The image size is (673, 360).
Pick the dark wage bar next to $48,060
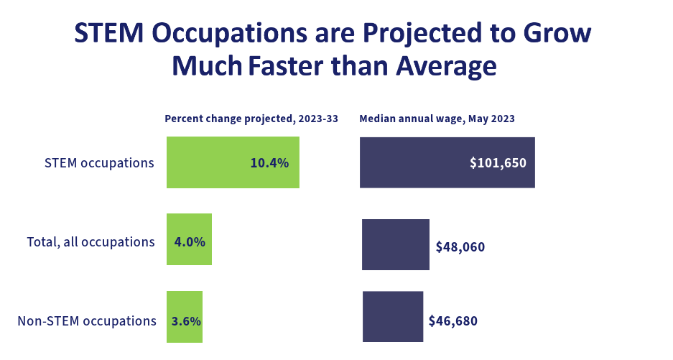pyautogui.click(x=395, y=245)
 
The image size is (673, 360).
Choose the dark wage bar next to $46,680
pyautogui.click(x=392, y=316)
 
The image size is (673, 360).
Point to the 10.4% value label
pyautogui.click(x=269, y=163)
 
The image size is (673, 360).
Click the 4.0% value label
pyautogui.click(x=190, y=242)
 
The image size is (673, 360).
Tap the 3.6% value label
pyautogui.click(x=186, y=320)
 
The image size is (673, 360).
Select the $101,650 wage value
pyautogui.click(x=498, y=163)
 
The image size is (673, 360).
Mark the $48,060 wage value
pyautogui.click(x=460, y=247)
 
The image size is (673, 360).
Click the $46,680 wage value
pyautogui.click(x=452, y=320)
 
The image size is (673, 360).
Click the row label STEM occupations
pyautogui.click(x=99, y=163)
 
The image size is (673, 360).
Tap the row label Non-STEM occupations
pyautogui.click(x=87, y=320)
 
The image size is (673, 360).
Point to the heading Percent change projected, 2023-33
pyautogui.click(x=251, y=119)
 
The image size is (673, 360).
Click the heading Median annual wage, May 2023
pyautogui.click(x=437, y=119)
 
